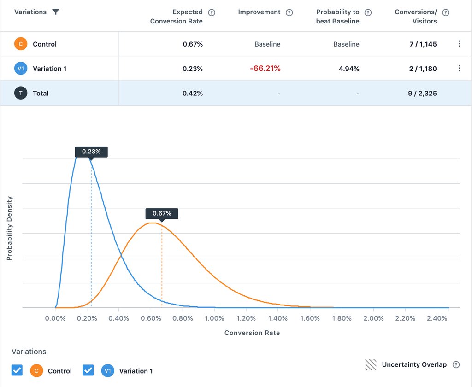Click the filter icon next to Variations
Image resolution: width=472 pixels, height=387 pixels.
[56, 12]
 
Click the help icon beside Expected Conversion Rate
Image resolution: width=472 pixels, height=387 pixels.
[212, 12]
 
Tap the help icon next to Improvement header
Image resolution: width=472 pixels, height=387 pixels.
[289, 12]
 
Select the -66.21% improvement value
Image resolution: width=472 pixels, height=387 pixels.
[265, 69]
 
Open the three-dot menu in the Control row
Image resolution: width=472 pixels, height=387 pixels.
[459, 44]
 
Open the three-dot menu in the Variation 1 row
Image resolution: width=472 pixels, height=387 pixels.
[459, 69]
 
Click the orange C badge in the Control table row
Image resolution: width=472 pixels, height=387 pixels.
[20, 44]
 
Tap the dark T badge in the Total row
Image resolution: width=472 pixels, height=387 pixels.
[20, 93]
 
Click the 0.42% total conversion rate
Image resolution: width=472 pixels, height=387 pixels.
[193, 93]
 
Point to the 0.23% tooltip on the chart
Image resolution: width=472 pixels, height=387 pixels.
[91, 152]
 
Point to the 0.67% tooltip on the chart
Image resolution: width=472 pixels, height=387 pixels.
[162, 213]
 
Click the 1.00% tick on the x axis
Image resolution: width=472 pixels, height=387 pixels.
[214, 318]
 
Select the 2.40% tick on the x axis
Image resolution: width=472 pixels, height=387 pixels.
[437, 318]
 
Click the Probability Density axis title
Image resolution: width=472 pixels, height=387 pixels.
[9, 229]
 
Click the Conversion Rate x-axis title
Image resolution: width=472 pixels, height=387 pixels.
[252, 333]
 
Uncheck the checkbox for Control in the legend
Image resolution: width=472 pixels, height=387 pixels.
[17, 370]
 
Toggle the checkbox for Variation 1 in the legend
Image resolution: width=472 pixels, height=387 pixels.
[88, 370]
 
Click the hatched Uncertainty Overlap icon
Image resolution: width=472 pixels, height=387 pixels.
[371, 365]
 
